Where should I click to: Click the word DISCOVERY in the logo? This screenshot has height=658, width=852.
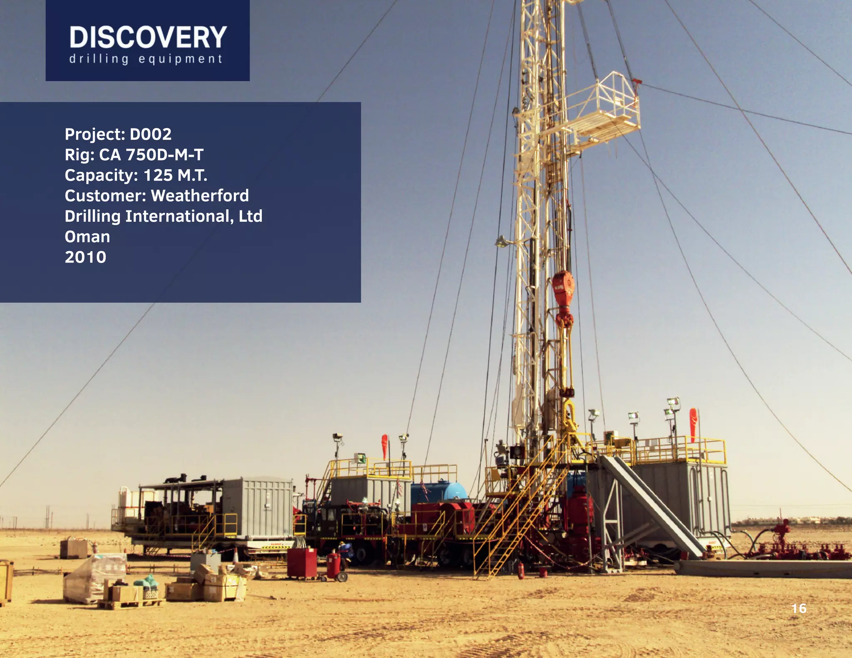click(x=148, y=37)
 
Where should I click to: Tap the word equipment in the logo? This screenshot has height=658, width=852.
click(x=181, y=59)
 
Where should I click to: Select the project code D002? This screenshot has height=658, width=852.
click(x=151, y=134)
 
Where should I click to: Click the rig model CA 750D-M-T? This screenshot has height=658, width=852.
click(x=151, y=155)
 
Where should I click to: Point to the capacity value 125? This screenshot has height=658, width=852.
click(x=158, y=175)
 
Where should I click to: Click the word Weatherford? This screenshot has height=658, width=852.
click(x=200, y=195)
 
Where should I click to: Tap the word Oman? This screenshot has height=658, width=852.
click(x=87, y=237)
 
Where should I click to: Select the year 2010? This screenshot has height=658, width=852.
click(x=85, y=257)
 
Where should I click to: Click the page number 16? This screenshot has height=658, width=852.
click(x=799, y=609)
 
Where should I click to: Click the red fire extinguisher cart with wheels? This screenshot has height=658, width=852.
click(x=335, y=566)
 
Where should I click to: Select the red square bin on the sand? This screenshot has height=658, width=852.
click(x=302, y=563)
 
